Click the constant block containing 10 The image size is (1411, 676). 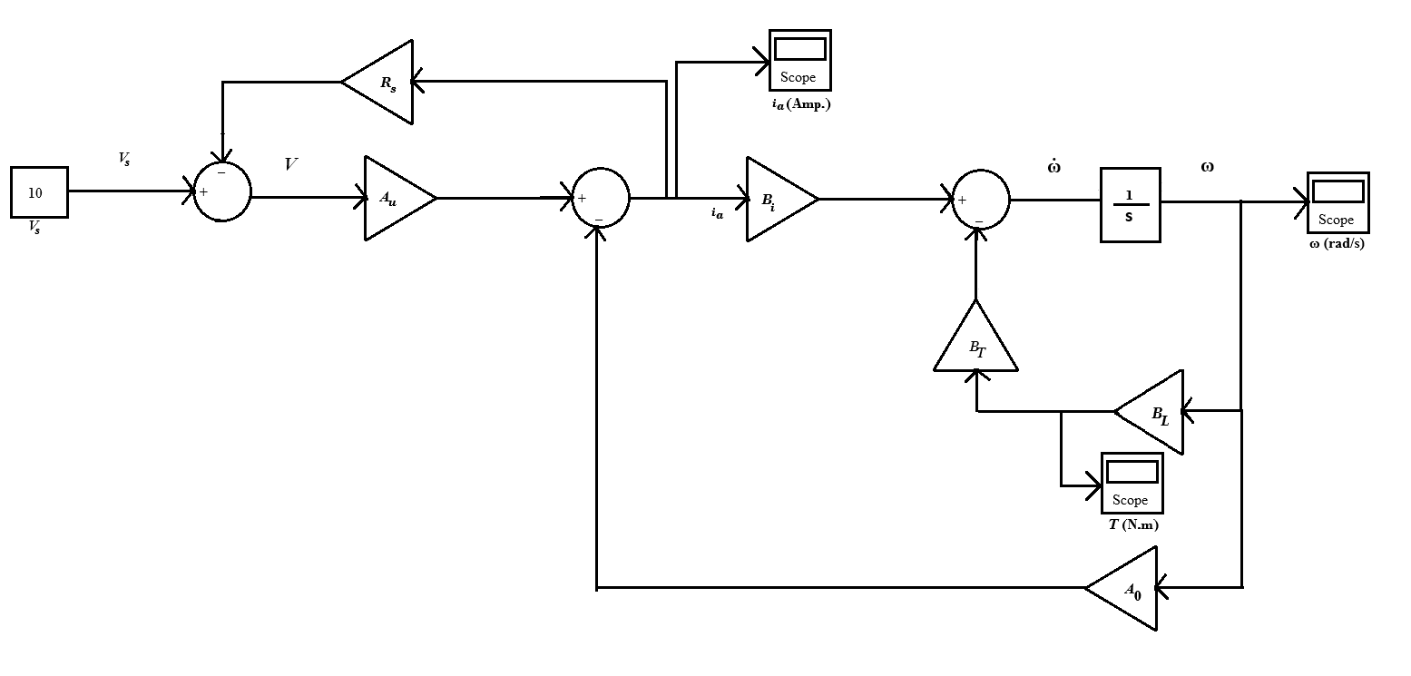tap(39, 192)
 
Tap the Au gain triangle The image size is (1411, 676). tap(395, 199)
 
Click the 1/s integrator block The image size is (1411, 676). tap(1130, 204)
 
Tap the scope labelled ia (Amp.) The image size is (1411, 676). tap(799, 60)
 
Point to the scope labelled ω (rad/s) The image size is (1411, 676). tap(1338, 202)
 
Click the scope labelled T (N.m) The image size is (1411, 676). tap(1132, 483)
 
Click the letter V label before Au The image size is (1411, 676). tap(291, 164)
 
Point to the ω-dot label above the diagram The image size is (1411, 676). tap(1054, 167)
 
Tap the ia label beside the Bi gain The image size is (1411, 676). tap(717, 214)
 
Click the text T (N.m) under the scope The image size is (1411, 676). tap(1132, 525)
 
